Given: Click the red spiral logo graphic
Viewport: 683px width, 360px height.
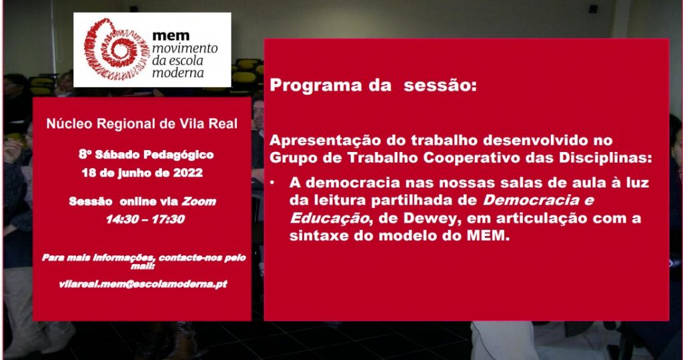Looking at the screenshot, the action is [117, 49].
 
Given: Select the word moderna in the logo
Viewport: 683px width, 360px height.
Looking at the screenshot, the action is [177, 73].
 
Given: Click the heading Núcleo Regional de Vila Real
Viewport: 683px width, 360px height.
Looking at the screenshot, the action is [142, 123].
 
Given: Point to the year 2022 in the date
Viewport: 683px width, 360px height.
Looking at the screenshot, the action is [188, 173].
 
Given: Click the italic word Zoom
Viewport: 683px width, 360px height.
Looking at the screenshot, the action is [199, 201].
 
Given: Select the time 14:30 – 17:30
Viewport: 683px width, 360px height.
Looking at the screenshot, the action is [145, 219].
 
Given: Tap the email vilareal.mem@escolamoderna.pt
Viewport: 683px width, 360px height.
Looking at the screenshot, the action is [143, 284].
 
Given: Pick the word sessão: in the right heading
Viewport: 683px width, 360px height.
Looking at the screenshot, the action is [438, 85].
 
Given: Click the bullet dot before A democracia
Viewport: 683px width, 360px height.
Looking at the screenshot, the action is [272, 183].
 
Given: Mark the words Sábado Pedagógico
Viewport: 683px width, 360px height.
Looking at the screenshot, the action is [154, 155].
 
